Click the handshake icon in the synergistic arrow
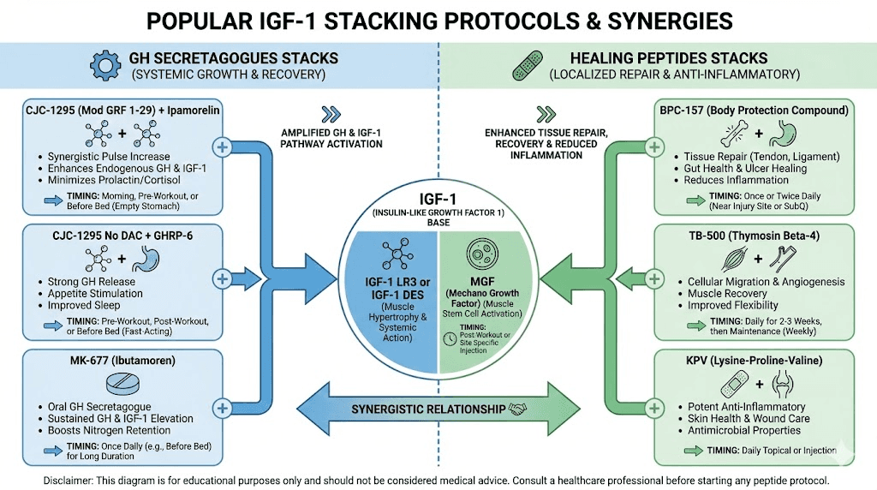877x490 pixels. point(517,409)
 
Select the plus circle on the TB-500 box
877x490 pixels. point(656,278)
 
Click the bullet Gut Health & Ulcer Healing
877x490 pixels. point(745,169)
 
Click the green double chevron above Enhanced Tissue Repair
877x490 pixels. point(546,114)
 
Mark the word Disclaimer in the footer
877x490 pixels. point(70,480)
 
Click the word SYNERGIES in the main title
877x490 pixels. point(634,21)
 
